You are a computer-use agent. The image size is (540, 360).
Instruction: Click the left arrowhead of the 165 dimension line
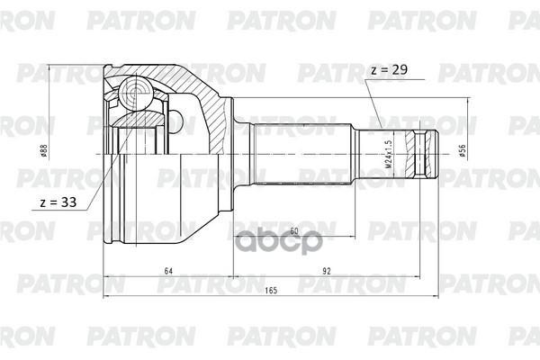click(107, 301)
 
